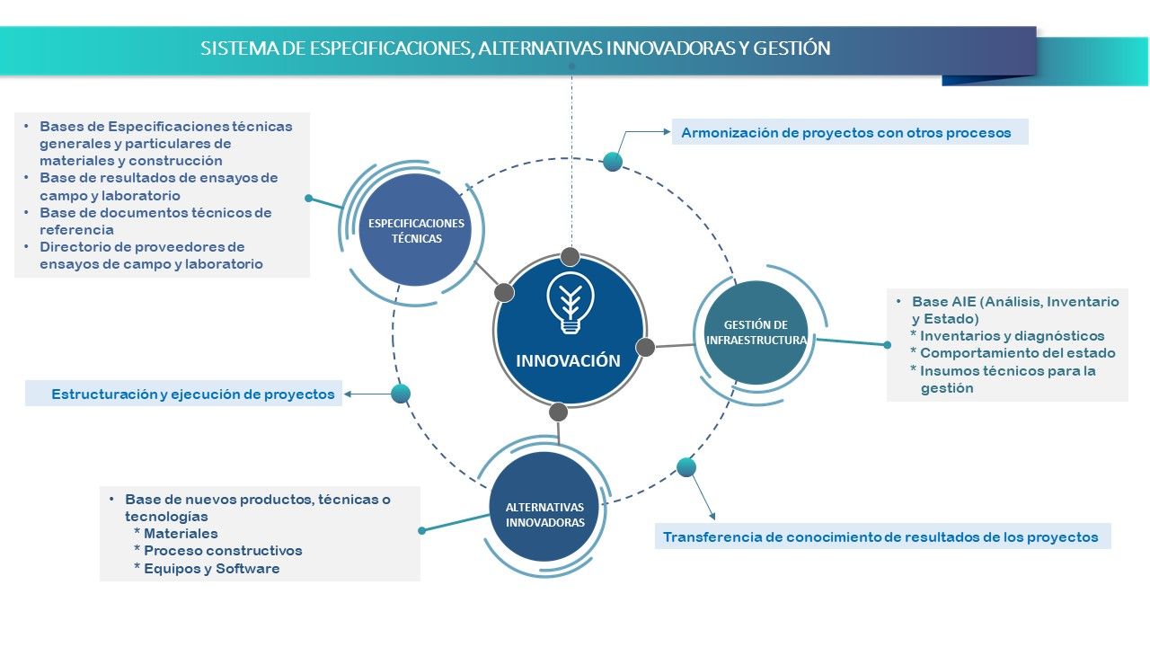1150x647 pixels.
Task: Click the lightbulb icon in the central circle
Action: point(569,304)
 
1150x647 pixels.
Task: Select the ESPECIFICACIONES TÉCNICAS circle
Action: point(416,231)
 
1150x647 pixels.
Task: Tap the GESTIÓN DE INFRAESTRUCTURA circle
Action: point(756,332)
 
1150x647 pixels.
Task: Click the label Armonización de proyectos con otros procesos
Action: point(845,133)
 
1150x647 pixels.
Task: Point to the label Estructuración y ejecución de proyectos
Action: point(192,394)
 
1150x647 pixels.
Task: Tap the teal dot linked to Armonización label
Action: point(613,162)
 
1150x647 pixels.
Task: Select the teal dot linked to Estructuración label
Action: point(401,394)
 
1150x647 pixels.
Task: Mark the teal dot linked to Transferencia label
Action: point(686,467)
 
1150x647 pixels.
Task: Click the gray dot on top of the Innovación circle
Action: point(569,257)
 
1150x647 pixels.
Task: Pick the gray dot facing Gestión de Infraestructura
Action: point(645,347)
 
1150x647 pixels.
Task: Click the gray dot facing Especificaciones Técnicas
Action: point(504,293)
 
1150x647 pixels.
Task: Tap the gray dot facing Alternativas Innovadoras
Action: point(558,412)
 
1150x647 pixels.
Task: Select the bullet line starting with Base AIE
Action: point(1015,302)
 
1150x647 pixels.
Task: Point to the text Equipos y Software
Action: point(212,568)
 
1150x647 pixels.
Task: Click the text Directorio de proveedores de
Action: point(142,246)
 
